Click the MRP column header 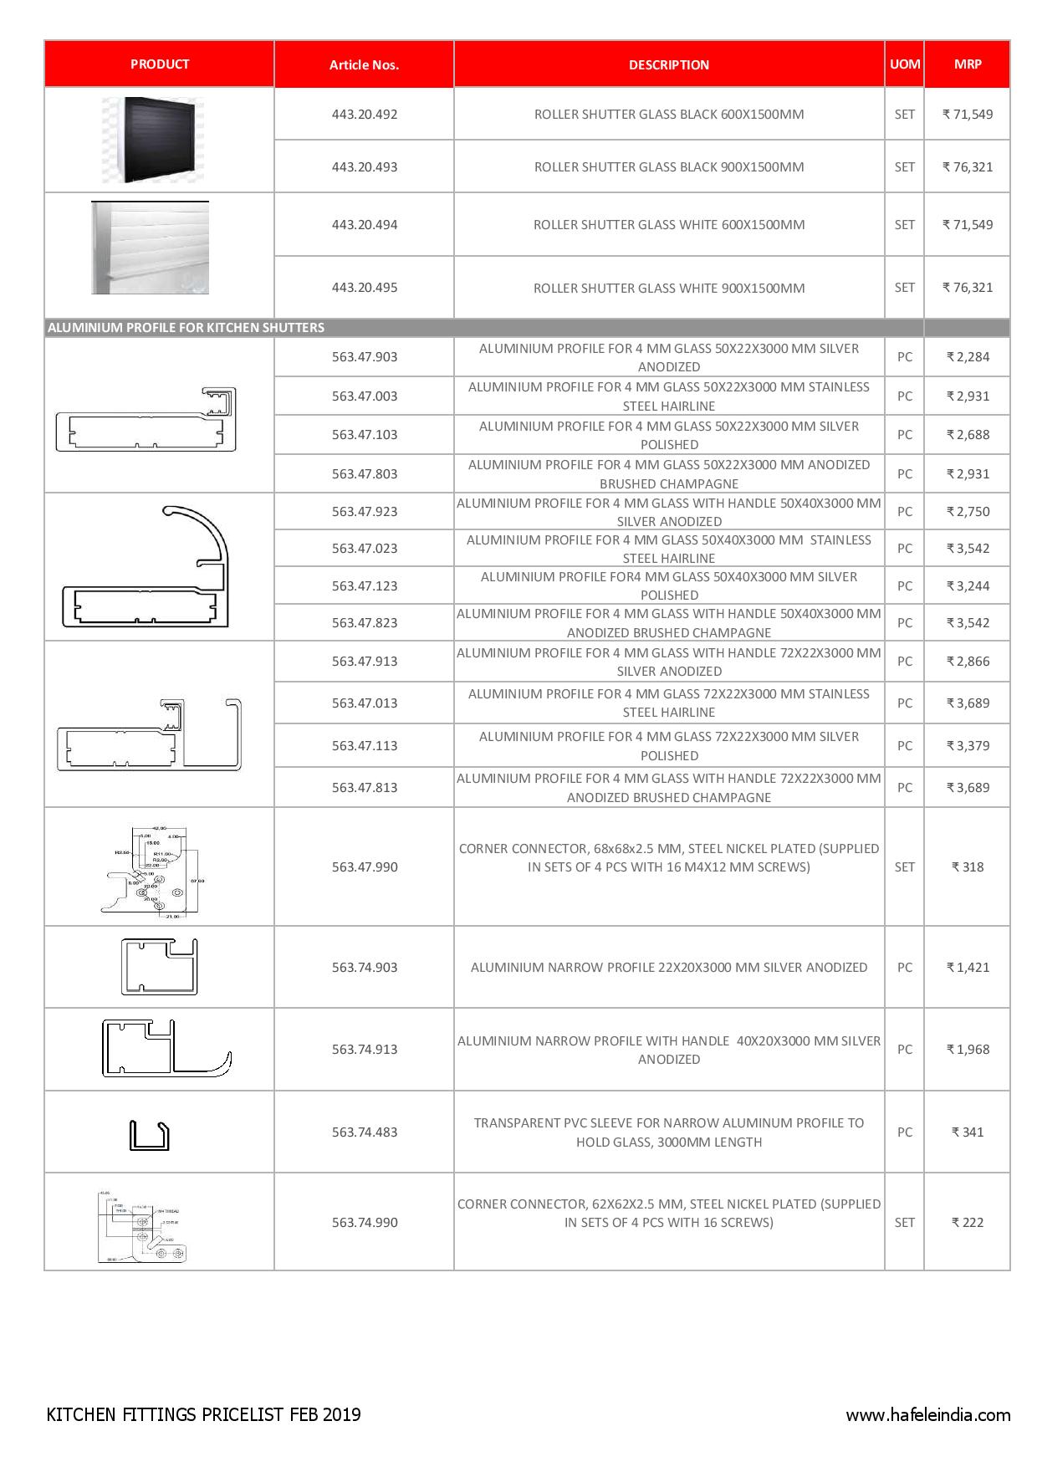click(x=967, y=64)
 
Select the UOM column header click(x=904, y=64)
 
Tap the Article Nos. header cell click(x=364, y=64)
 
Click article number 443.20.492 click(x=364, y=114)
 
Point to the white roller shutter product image click(x=151, y=248)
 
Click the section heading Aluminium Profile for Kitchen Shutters click(x=186, y=327)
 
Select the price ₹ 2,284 click(x=968, y=356)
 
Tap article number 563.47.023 click(x=364, y=548)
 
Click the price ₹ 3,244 click(x=968, y=585)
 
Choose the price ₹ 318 click(x=968, y=866)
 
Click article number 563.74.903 click(x=364, y=967)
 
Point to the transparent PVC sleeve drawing click(x=150, y=1135)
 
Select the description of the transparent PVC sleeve click(x=668, y=1132)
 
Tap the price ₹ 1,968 click(x=968, y=1049)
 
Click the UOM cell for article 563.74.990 click(x=904, y=1222)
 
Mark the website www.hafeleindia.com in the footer click(x=927, y=1415)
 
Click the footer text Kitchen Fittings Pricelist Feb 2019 click(x=204, y=1414)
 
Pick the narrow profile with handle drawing click(x=166, y=1048)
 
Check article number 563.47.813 click(x=364, y=787)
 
